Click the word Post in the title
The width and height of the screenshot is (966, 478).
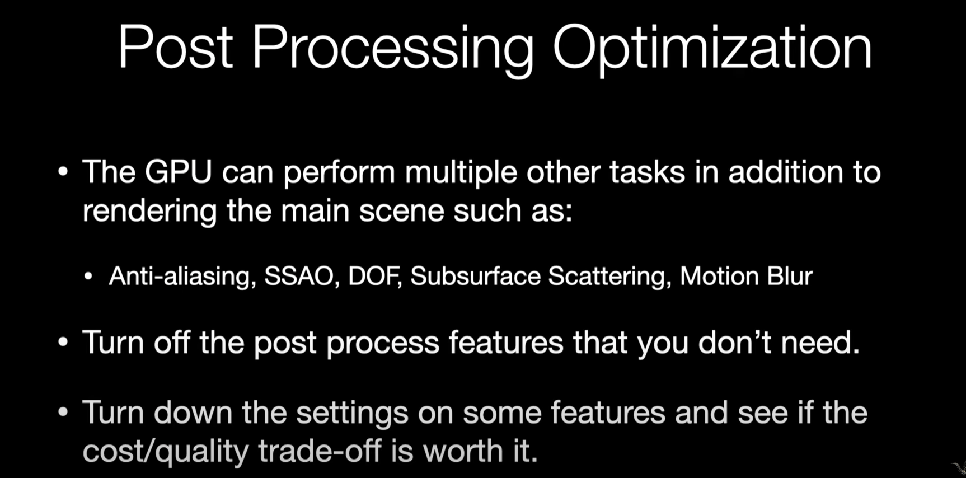(175, 47)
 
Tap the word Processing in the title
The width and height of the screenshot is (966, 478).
(393, 51)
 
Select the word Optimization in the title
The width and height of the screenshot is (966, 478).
(712, 51)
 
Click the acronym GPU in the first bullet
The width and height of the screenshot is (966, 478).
(179, 171)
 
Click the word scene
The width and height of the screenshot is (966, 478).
(401, 211)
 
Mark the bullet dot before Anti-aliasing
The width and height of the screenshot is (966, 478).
(88, 277)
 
